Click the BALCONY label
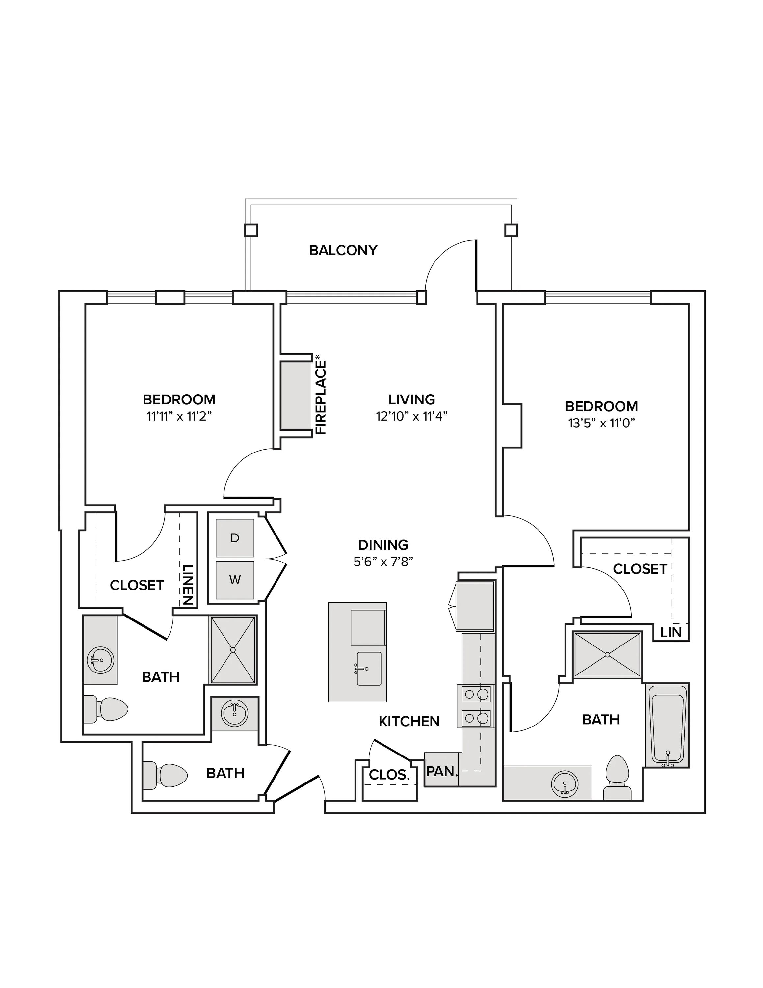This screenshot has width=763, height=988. (343, 250)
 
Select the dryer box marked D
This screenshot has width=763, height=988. (235, 538)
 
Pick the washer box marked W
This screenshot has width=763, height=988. (235, 580)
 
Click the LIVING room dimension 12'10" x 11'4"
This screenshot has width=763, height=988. (412, 416)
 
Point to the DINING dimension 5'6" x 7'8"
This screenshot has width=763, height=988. (383, 562)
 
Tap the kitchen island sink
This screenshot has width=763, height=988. (369, 669)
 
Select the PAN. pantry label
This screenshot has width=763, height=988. (442, 771)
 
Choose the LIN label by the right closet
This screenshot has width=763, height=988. (671, 632)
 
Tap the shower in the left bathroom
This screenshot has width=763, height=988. (233, 650)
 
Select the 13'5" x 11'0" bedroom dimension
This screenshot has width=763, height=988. (602, 423)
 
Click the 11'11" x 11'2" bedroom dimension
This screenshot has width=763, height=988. (179, 416)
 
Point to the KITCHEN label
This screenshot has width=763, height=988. (409, 722)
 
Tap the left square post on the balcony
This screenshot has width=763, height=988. (251, 230)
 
